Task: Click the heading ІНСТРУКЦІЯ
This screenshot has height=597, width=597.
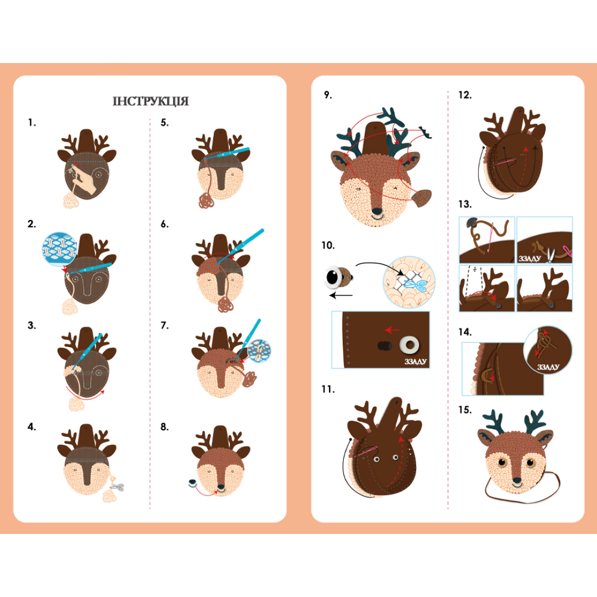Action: click(x=150, y=101)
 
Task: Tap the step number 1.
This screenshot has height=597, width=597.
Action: click(x=32, y=123)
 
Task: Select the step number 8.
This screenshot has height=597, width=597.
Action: click(x=165, y=427)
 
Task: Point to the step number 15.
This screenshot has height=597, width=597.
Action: click(x=465, y=410)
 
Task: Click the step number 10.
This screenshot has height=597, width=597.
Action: click(x=328, y=245)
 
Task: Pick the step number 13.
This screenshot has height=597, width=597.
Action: click(x=465, y=205)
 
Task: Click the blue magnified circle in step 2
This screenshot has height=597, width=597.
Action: click(x=59, y=249)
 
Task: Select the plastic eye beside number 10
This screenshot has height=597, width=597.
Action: click(x=337, y=277)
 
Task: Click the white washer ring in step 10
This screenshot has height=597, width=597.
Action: click(x=410, y=345)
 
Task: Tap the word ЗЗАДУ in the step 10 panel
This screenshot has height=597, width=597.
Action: click(x=415, y=362)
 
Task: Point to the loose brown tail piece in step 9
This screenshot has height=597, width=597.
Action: click(x=422, y=198)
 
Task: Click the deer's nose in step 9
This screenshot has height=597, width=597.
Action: click(x=377, y=211)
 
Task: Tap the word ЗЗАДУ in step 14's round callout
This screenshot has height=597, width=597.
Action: click(x=548, y=367)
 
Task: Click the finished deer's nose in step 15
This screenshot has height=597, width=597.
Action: click(x=517, y=481)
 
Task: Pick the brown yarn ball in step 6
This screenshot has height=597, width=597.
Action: click(x=226, y=305)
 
